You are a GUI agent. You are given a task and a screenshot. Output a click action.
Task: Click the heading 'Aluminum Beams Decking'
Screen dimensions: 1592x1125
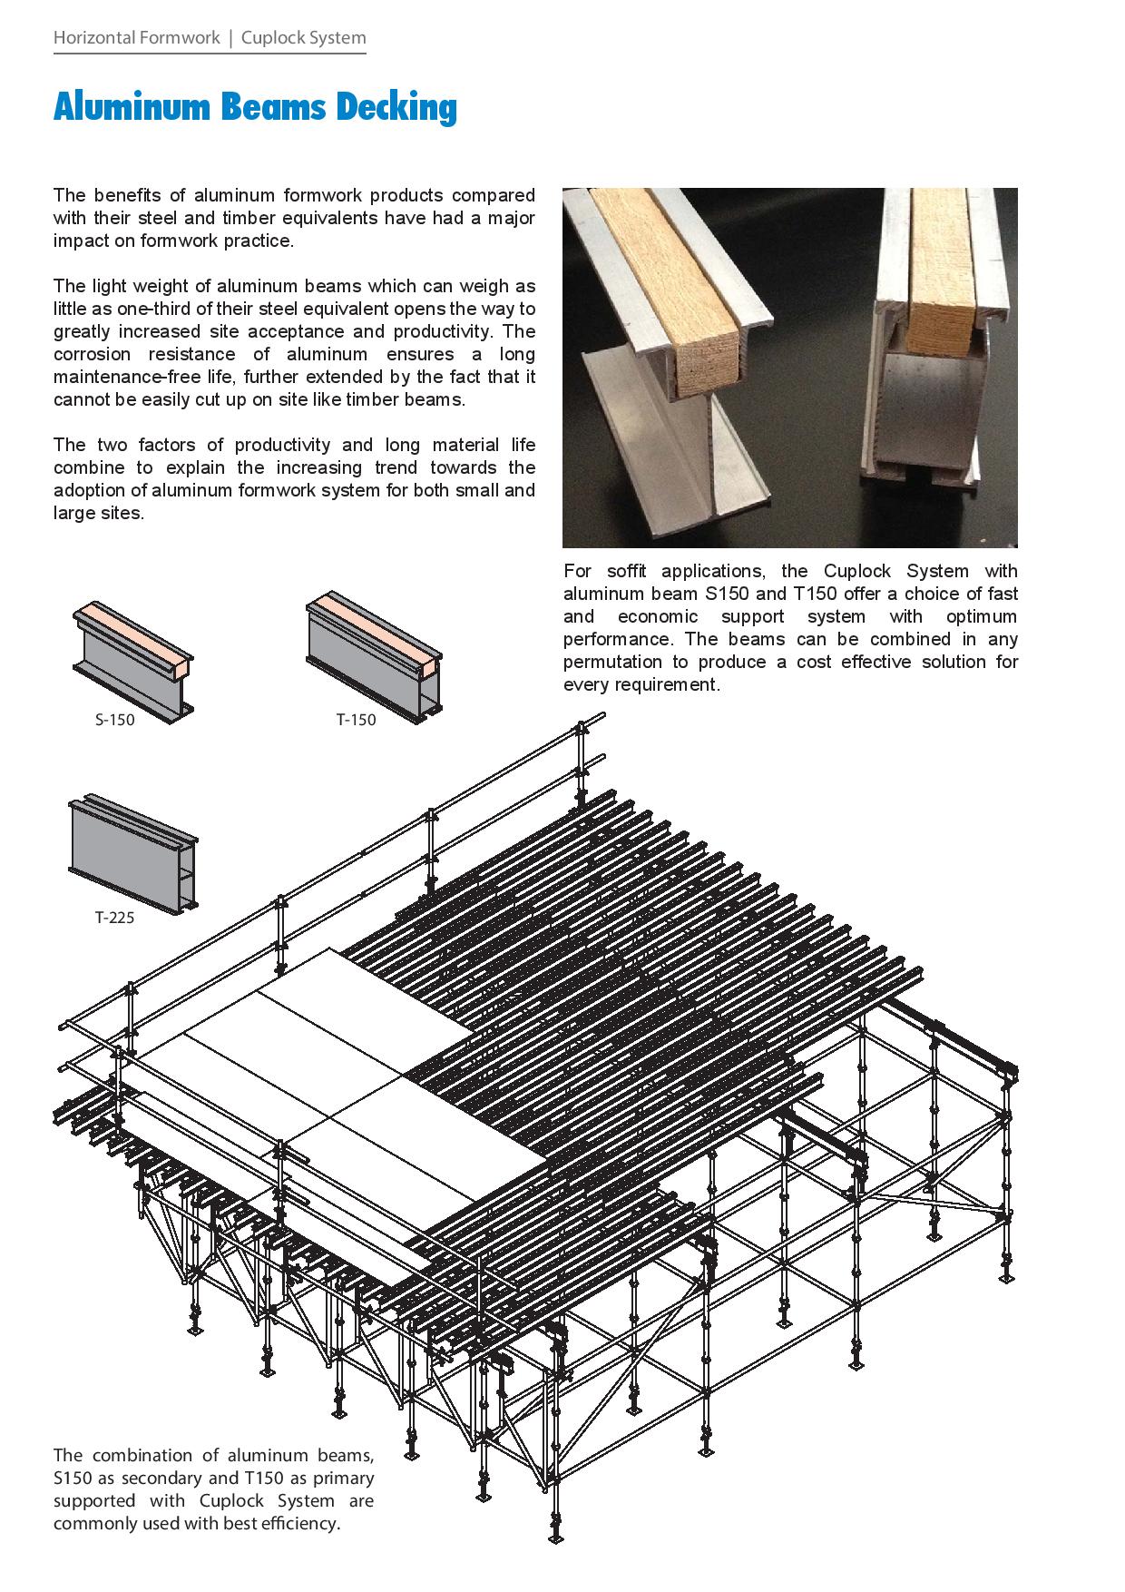255,108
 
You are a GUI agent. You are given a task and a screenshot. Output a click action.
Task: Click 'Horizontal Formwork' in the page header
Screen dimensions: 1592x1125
136,38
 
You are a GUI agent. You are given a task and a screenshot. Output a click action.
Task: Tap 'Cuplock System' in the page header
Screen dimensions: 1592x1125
304,38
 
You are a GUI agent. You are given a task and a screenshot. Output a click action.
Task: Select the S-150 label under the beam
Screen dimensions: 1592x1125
115,721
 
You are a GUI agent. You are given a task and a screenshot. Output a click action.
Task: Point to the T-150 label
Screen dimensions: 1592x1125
356,720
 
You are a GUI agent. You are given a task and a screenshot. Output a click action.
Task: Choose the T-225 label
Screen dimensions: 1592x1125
114,918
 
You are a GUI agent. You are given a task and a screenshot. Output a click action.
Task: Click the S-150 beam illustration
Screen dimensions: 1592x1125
132,660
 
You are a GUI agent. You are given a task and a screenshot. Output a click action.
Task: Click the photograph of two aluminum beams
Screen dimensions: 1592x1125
789,367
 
